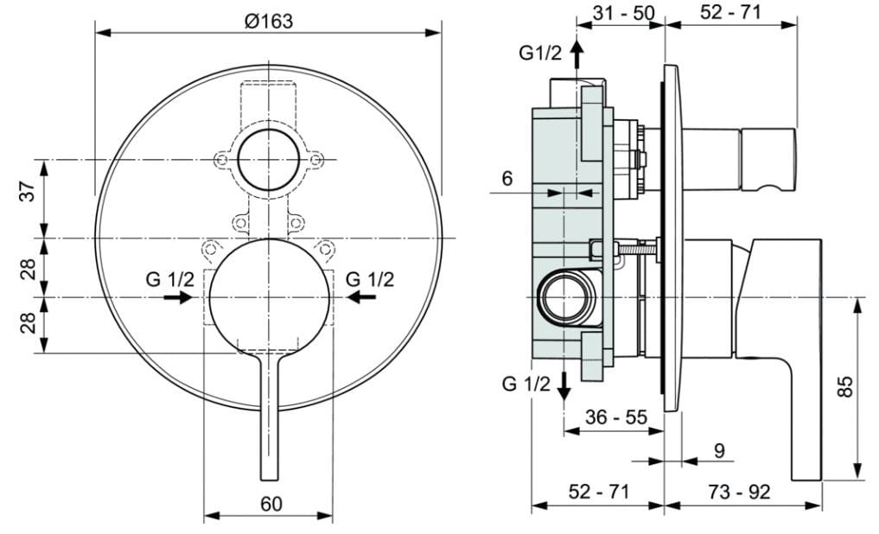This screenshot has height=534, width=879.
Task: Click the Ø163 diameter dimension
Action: (x=268, y=22)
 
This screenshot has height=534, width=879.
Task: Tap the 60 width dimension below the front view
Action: (x=271, y=503)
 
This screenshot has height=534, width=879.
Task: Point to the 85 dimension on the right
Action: (x=846, y=385)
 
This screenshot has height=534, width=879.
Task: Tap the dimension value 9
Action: (x=719, y=450)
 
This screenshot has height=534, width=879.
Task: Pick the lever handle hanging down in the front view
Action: (x=270, y=415)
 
